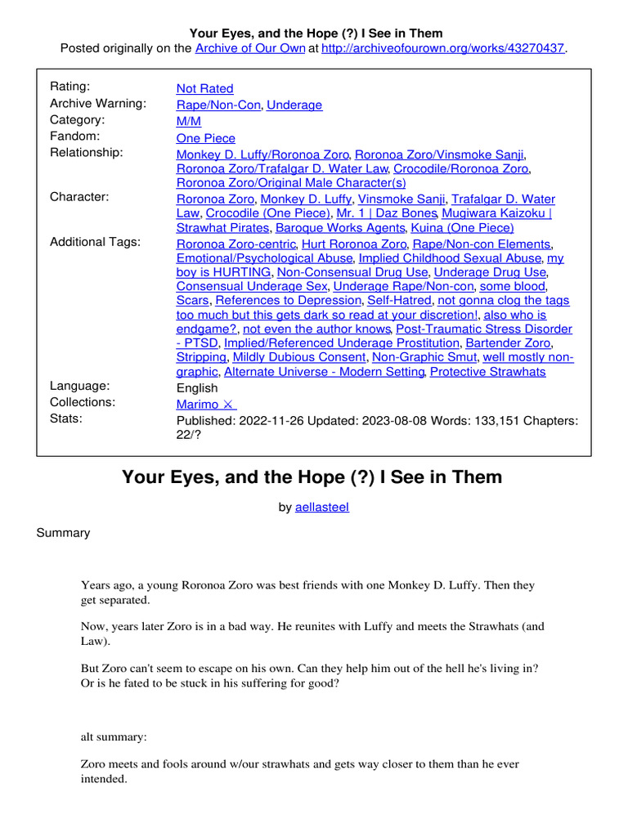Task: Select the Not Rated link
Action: point(204,88)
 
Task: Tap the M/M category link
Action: point(189,121)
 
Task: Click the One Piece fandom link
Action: point(205,138)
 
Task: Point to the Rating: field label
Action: point(70,87)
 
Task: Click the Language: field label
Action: point(80,386)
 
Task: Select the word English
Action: point(197,387)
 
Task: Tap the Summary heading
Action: point(63,533)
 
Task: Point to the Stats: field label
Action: point(66,419)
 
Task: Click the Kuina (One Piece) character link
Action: point(462,228)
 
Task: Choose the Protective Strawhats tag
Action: point(487,372)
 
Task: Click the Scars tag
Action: point(192,300)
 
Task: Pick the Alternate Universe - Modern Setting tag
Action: point(323,372)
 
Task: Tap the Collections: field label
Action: point(83,402)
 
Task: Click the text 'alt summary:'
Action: point(114,736)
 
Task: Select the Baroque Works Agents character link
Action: point(340,228)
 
